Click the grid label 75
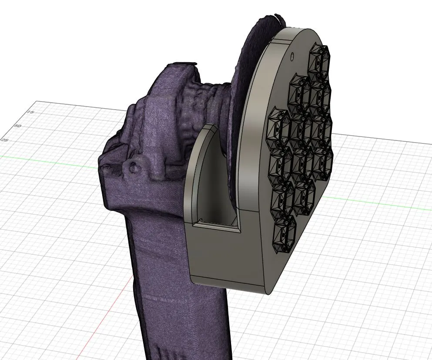(30, 113)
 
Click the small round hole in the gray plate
(292, 56)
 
